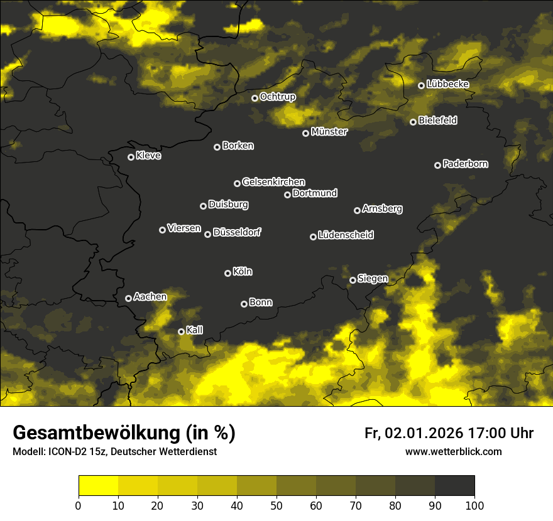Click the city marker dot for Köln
(x=227, y=273)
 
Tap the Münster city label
(x=329, y=132)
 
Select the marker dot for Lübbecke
(x=421, y=85)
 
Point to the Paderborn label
(x=465, y=164)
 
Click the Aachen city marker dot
(x=128, y=298)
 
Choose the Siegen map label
(x=373, y=279)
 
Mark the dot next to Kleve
(x=131, y=157)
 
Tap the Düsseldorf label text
(x=237, y=232)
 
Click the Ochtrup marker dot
(x=255, y=98)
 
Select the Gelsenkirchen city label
(x=273, y=182)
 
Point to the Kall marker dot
(x=181, y=331)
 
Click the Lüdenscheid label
(x=346, y=235)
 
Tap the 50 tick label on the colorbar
(x=276, y=505)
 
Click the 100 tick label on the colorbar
(x=474, y=505)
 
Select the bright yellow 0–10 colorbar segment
(x=98, y=486)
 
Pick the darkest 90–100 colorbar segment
(x=454, y=486)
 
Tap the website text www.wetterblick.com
(x=454, y=451)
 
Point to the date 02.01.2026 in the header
(x=424, y=433)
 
